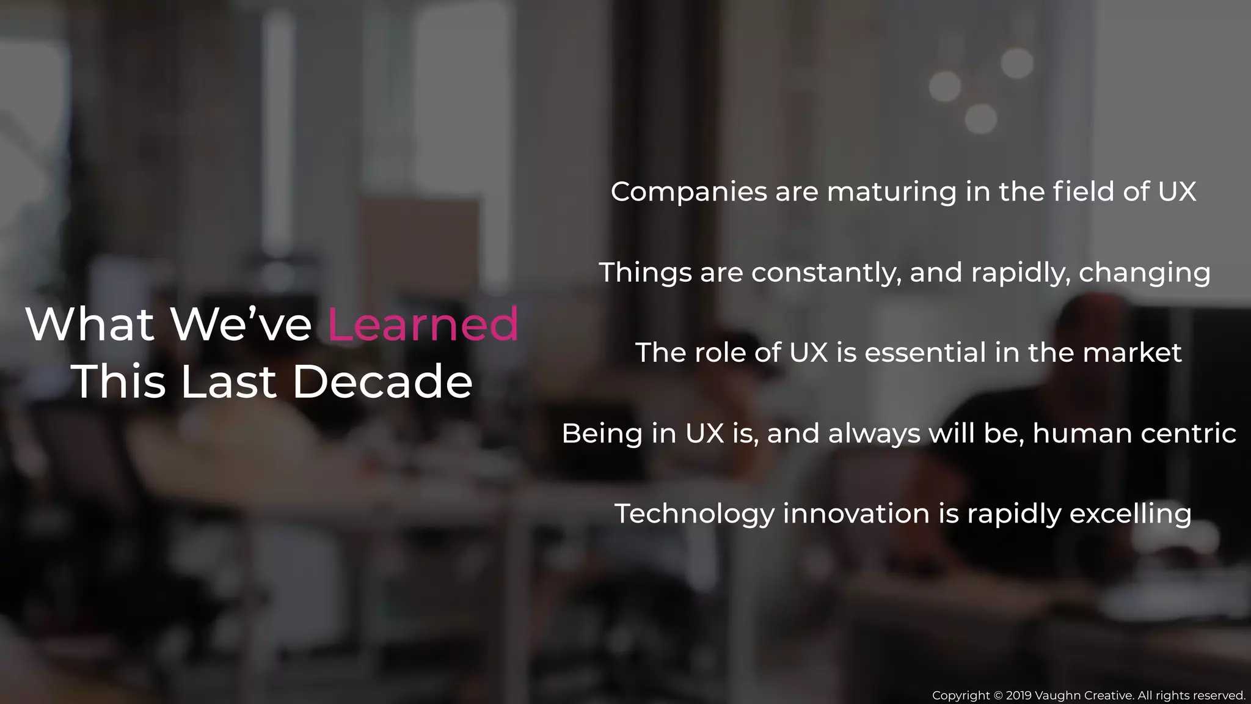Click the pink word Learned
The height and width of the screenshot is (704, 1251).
click(x=423, y=324)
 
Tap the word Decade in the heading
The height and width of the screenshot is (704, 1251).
click(x=382, y=381)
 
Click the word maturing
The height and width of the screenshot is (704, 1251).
click(x=892, y=193)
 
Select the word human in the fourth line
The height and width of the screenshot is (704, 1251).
click(x=1082, y=433)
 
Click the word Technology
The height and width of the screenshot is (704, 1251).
click(x=695, y=514)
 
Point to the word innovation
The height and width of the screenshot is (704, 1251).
click(x=856, y=513)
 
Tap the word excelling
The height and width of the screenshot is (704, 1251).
click(x=1130, y=514)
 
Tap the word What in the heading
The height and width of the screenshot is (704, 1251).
click(x=90, y=324)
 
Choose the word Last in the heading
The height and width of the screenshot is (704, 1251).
click(x=228, y=381)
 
